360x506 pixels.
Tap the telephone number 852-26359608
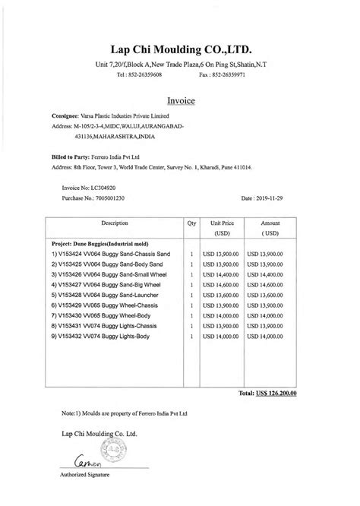(x=141, y=77)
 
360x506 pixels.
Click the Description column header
(x=115, y=224)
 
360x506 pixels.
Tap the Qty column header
(x=191, y=224)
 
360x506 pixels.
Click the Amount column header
(x=270, y=229)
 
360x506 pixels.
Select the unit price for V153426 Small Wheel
(x=221, y=274)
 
